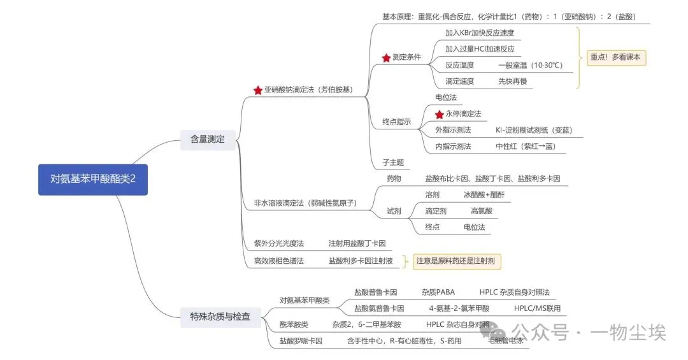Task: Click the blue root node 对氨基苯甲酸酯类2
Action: [x=93, y=179]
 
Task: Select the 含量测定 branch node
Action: [x=207, y=139]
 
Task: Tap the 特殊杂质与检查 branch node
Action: [x=220, y=316]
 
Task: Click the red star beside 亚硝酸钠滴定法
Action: [x=257, y=90]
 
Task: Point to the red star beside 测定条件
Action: [x=386, y=58]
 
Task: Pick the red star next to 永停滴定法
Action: [x=439, y=114]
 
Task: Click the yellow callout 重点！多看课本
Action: [x=616, y=57]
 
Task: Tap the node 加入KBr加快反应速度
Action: [x=479, y=32]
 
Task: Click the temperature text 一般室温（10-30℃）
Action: [x=530, y=65]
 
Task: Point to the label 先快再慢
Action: [x=512, y=81]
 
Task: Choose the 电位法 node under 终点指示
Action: [x=445, y=97]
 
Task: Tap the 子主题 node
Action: [x=393, y=162]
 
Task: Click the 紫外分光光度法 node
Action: [x=279, y=243]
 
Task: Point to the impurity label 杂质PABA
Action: [x=438, y=292]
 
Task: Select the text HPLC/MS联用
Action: [x=537, y=308]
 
